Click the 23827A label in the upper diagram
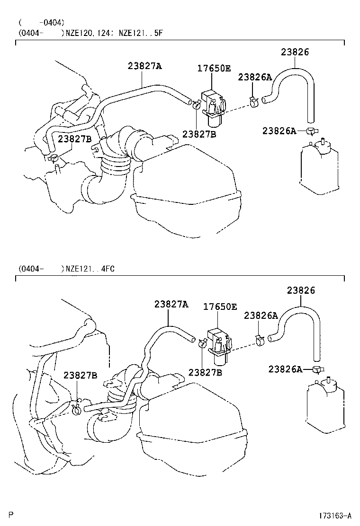[144, 66]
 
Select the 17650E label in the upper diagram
[214, 69]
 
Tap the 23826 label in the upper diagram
[295, 53]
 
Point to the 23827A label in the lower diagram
[171, 304]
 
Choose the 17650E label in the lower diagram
[220, 307]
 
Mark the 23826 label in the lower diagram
[300, 290]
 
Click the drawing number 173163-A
[334, 515]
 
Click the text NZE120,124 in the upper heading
[88, 33]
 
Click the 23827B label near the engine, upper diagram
[74, 138]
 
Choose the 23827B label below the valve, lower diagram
[205, 372]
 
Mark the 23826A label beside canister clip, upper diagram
[279, 131]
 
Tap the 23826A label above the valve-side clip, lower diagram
[261, 316]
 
